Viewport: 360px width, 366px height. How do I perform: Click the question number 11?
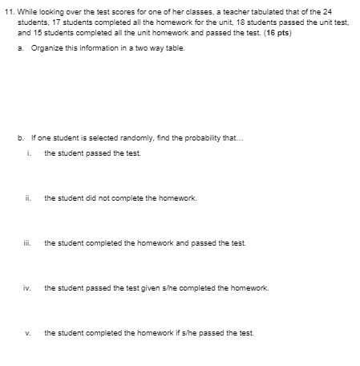10,14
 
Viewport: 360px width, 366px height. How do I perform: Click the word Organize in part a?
46,48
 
